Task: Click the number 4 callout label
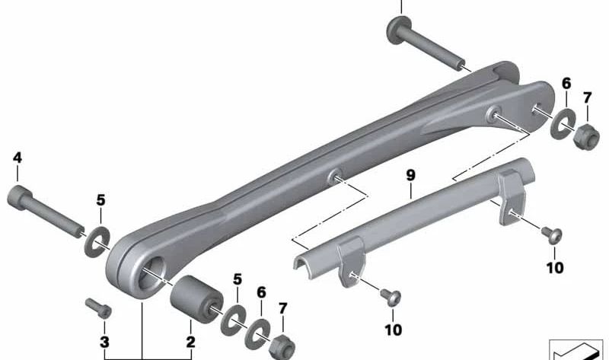click(x=18, y=158)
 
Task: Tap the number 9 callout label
click(x=410, y=175)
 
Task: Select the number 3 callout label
click(x=104, y=342)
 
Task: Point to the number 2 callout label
click(x=190, y=342)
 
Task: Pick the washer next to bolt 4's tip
click(x=97, y=241)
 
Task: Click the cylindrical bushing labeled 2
click(x=196, y=299)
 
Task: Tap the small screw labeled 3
click(x=99, y=308)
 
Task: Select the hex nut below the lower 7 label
click(x=282, y=348)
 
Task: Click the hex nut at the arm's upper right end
click(x=586, y=138)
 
